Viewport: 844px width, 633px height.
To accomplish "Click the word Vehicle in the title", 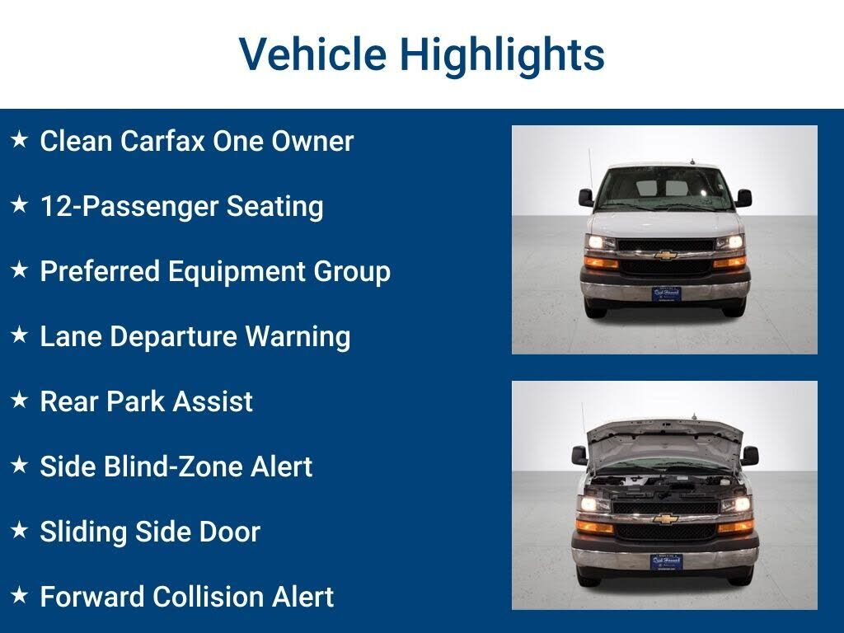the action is [312, 54].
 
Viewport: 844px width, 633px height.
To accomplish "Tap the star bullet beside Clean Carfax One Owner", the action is [20, 139].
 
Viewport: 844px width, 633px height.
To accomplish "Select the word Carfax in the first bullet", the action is [162, 141].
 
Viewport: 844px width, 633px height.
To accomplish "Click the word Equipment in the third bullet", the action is [237, 272].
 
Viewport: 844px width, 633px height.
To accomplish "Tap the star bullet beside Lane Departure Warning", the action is [20, 335].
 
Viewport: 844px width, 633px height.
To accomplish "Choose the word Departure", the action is [173, 337].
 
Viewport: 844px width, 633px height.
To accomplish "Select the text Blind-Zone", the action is [172, 467].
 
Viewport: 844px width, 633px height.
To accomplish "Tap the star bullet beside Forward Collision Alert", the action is [20, 595].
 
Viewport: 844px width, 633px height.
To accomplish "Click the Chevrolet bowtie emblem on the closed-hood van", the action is [666, 256].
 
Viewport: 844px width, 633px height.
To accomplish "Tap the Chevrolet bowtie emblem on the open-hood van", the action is [665, 519].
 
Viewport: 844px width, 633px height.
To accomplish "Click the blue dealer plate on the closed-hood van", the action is [666, 294].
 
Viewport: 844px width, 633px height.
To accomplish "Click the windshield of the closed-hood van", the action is [665, 189].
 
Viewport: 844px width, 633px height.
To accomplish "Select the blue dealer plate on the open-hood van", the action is [666, 562].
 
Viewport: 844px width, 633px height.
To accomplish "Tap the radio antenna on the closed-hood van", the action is [590, 170].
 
